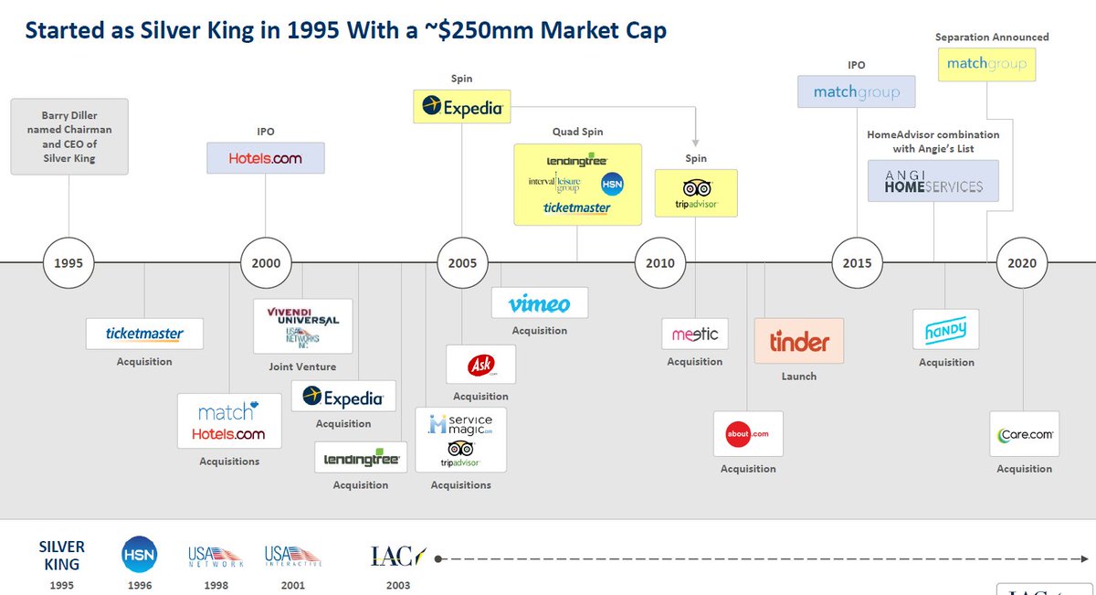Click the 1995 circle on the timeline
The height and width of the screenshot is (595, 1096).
[68, 263]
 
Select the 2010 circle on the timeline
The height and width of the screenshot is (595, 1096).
[660, 263]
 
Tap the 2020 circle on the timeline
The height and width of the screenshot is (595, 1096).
[1022, 263]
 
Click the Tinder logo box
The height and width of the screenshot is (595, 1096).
[799, 342]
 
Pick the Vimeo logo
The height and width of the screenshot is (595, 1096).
[539, 303]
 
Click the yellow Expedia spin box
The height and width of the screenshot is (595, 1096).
[462, 108]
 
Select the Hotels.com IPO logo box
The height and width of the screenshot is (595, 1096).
[266, 158]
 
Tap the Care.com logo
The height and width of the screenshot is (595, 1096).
[1025, 434]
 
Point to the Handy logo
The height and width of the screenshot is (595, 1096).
[945, 329]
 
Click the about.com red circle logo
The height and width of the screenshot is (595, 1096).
[738, 433]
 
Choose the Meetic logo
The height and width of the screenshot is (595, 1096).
[695, 335]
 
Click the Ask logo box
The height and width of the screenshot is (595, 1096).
[480, 365]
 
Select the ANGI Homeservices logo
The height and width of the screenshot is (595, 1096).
[933, 181]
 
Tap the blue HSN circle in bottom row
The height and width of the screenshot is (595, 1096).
[140, 554]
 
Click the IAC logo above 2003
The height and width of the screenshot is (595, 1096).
[398, 555]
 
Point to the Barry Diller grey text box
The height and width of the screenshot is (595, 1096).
[68, 137]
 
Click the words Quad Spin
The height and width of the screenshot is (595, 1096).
[577, 132]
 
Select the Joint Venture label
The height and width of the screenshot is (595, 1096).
[302, 367]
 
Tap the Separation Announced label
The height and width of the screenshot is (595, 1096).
[992, 37]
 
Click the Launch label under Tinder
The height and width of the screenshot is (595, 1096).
[799, 377]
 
